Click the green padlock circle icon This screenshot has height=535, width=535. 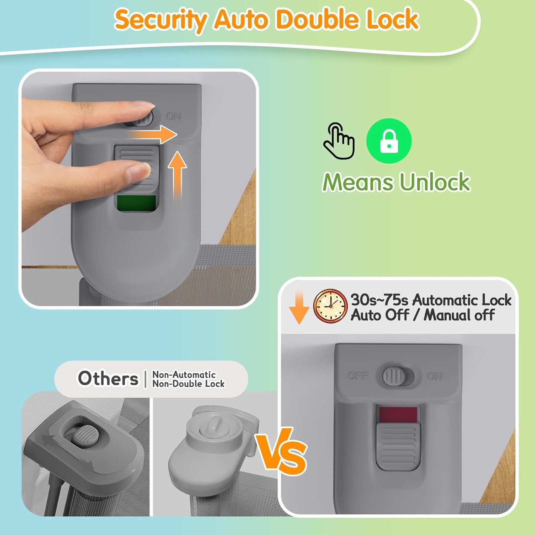pyautogui.click(x=389, y=141)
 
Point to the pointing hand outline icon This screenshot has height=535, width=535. pyautogui.click(x=339, y=141)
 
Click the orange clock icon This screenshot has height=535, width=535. pyautogui.click(x=330, y=306)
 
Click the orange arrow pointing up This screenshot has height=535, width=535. pyautogui.click(x=177, y=176)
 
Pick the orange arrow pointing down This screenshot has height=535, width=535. pyautogui.click(x=299, y=308)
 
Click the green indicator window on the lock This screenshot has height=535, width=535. pyautogui.click(x=136, y=203)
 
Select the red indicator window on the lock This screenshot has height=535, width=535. pyautogui.click(x=398, y=415)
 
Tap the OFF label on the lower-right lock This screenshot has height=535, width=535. pyautogui.click(x=358, y=376)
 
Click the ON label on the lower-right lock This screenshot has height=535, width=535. pyautogui.click(x=435, y=376)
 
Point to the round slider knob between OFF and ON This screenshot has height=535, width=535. pyautogui.click(x=394, y=376)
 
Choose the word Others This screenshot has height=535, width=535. pyautogui.click(x=108, y=378)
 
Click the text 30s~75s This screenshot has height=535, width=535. pyautogui.click(x=379, y=300)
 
